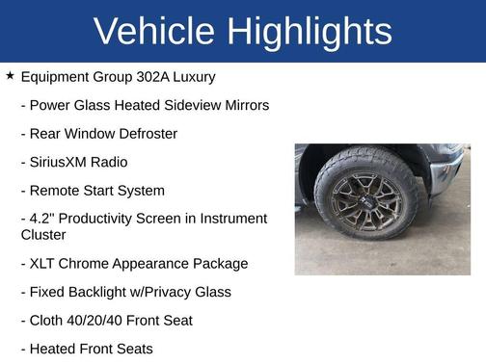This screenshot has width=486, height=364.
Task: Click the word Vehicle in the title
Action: click(153, 32)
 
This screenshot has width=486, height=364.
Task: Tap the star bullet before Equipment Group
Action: click(10, 75)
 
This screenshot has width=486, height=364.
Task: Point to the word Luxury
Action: click(192, 76)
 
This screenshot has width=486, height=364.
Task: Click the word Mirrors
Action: click(243, 105)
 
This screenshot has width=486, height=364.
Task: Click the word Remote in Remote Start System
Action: click(57, 191)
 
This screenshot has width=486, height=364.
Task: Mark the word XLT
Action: click(44, 263)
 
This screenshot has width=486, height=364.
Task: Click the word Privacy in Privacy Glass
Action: click(184, 292)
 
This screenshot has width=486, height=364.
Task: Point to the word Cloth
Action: click(48, 320)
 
